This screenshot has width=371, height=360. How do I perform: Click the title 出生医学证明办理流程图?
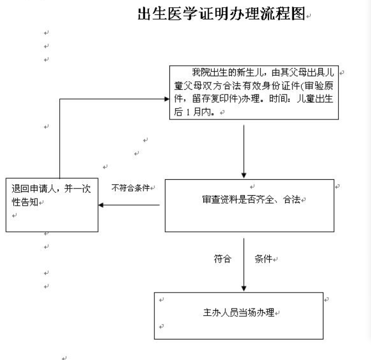(221, 13)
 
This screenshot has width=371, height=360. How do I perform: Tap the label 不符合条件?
(131, 188)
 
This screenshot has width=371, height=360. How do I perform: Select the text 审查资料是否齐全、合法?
(251, 200)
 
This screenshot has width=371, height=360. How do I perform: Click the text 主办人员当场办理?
(239, 312)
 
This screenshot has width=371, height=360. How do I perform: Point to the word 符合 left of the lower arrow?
(223, 259)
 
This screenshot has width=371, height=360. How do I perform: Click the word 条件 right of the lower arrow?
(264, 259)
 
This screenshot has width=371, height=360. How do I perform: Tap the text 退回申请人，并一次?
(51, 189)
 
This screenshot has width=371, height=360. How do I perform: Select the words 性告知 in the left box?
(25, 202)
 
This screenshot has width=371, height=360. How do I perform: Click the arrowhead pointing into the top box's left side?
(167, 99)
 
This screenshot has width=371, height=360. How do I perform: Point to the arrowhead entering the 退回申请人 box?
(101, 205)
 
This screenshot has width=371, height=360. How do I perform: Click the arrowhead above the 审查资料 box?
(244, 175)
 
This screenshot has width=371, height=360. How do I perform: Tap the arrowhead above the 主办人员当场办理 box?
(244, 289)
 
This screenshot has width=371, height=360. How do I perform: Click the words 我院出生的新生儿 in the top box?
(227, 72)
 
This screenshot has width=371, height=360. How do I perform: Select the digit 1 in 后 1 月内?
(188, 112)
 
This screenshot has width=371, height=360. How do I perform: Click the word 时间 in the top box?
(278, 98)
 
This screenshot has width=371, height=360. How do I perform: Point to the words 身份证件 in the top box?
(282, 86)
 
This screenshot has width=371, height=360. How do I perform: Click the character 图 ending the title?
(298, 13)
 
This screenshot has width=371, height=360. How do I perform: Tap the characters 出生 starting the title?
(152, 13)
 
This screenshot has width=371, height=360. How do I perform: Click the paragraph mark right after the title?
(308, 16)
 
